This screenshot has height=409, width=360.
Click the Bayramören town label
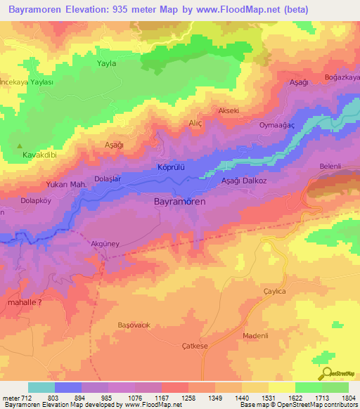(179, 202)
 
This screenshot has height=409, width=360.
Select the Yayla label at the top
(105, 63)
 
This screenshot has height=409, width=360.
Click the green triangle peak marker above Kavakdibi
(20, 146)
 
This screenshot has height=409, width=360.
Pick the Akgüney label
(105, 244)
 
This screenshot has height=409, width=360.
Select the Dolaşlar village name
(108, 179)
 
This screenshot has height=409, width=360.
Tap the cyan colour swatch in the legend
(41, 387)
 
